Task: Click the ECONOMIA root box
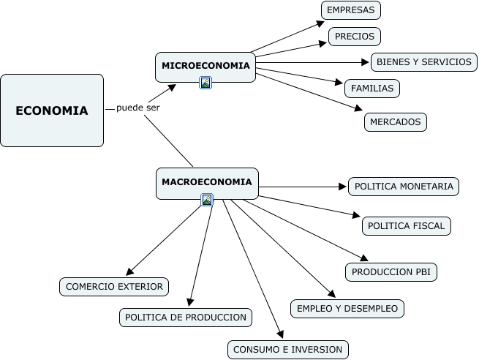[52, 110]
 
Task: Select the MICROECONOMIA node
[205, 67]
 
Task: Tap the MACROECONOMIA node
[207, 184]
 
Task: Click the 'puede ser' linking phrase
[137, 108]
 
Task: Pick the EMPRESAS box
[351, 10]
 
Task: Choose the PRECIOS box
[355, 37]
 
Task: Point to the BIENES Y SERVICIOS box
[424, 62]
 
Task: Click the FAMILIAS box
[372, 89]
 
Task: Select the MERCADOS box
[396, 122]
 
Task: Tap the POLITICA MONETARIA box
[404, 187]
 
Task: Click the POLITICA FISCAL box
[407, 226]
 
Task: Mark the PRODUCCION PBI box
[391, 272]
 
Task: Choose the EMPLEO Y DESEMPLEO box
[347, 309]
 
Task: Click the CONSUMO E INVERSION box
[288, 350]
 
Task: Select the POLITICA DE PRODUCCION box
[186, 318]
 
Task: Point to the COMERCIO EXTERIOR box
[114, 287]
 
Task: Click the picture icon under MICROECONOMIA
[205, 83]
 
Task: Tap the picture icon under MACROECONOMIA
[207, 200]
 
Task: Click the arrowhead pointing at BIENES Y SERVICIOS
[366, 62]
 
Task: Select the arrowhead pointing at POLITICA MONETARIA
[343, 187]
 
